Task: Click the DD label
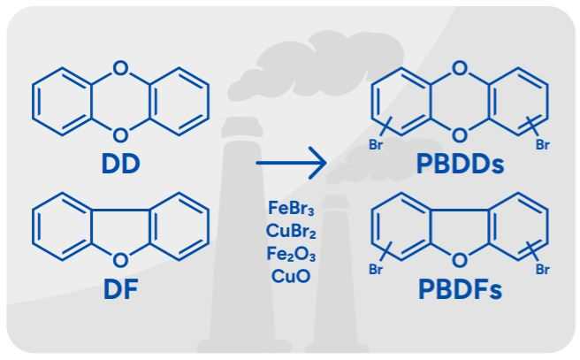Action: coord(120,164)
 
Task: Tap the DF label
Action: coord(120,290)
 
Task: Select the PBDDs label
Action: coord(460,164)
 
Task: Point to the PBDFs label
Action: coord(460,290)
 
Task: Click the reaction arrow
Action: coord(291,164)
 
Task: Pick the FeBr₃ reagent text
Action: coord(291,209)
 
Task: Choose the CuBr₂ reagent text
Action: coord(291,231)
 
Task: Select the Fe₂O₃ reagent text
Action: coord(291,253)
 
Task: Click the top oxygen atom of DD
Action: coord(121,66)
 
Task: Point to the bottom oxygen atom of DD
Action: coord(121,134)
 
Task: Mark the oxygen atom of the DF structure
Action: coord(121,259)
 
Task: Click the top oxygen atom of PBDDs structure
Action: coord(460,66)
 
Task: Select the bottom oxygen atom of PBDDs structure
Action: coord(460,134)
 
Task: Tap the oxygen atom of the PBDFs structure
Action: coord(460,259)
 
